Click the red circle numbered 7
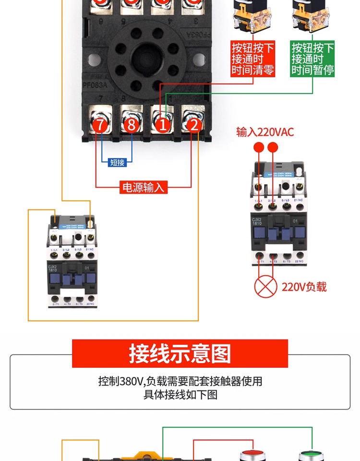99,125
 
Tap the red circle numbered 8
131,125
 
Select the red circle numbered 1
163,125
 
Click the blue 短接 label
117,162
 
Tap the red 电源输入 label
144,187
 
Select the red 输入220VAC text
264,132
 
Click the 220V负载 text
304,287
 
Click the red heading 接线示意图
180,353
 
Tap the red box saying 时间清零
253,59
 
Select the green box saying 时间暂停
312,59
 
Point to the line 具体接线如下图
180,395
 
